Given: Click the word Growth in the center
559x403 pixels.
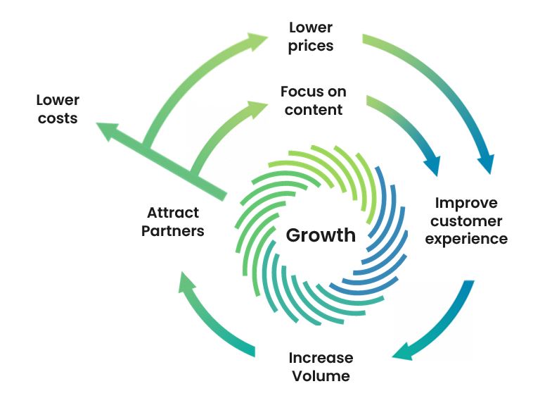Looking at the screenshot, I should [320, 235].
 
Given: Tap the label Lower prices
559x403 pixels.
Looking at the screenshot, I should [311, 37].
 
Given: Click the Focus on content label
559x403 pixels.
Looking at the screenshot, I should [313, 101].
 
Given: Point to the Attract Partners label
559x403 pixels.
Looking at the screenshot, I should [173, 221].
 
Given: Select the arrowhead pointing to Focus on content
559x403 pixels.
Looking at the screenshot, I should [258, 106].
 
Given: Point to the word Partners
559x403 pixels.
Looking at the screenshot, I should [173, 231].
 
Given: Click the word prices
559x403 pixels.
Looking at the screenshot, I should [311, 46].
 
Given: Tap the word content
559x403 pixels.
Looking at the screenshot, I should [313, 110].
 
